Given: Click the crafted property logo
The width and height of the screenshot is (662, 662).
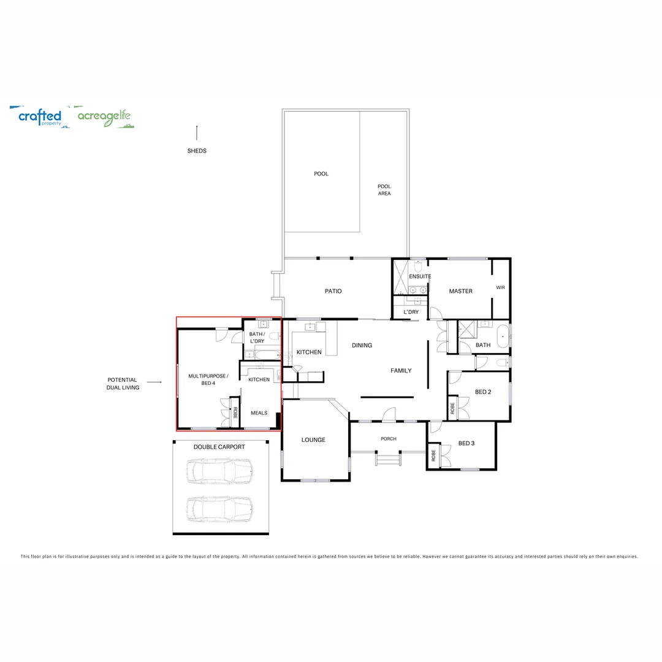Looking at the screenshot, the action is click(x=40, y=116).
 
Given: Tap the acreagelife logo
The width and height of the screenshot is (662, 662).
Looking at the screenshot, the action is click(x=104, y=116).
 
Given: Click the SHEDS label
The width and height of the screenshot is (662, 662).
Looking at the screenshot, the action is click(x=197, y=151).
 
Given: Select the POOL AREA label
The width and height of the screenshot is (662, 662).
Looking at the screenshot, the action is click(x=384, y=189).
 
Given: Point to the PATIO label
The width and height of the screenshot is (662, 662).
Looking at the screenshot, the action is click(x=333, y=291).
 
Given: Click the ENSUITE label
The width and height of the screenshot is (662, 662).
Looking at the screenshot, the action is click(x=420, y=276).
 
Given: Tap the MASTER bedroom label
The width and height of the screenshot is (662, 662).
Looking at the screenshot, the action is click(x=460, y=291).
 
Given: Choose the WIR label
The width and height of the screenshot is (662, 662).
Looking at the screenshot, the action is click(x=500, y=287).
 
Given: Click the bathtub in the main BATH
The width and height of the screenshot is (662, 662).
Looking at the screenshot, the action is click(x=503, y=337).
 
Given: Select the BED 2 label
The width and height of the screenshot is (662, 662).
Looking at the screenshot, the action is click(x=483, y=392).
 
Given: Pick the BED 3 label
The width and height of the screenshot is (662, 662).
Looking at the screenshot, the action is click(x=466, y=443).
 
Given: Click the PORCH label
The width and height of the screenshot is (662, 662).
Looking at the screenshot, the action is click(x=389, y=439).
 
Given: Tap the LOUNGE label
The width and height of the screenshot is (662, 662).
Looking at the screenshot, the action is click(x=313, y=439).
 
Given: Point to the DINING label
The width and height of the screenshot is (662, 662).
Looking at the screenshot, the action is click(x=362, y=345).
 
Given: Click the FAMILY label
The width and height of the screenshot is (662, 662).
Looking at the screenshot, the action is click(x=401, y=371).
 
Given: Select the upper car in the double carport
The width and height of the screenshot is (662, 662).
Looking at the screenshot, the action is click(x=220, y=471).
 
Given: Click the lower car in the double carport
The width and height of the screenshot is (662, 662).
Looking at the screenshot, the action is click(x=220, y=509).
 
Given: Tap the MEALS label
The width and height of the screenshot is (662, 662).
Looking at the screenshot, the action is click(x=259, y=413).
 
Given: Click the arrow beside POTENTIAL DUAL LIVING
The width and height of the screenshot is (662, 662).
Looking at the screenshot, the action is click(x=154, y=382).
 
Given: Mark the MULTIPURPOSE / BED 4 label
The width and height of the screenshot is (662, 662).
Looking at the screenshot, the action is click(x=208, y=379).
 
